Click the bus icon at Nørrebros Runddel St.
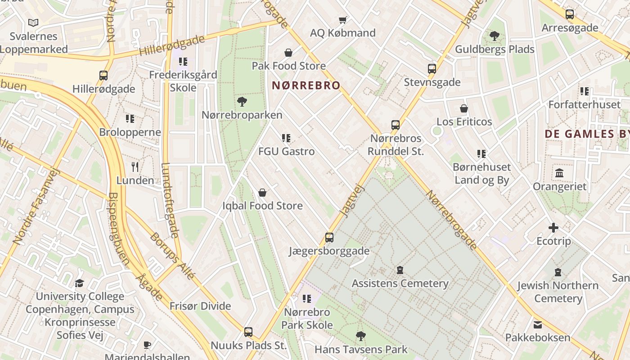(x=395, y=125)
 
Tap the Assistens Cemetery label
(x=400, y=283)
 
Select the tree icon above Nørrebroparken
(x=242, y=101)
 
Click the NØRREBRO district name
(x=306, y=85)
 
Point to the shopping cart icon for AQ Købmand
(x=343, y=20)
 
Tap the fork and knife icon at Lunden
(x=135, y=167)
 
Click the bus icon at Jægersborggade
(x=329, y=237)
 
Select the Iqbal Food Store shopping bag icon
(x=262, y=193)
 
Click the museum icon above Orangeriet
(x=559, y=173)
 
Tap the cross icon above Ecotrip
(x=553, y=228)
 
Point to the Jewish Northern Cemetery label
(x=558, y=292)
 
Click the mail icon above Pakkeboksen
(x=537, y=324)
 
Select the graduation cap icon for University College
(x=79, y=283)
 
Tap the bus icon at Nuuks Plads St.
(x=248, y=332)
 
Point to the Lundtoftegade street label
(x=170, y=200)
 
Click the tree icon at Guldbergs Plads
(x=494, y=36)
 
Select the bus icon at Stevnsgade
(x=432, y=69)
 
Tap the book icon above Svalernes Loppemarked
(x=33, y=22)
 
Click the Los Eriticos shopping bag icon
(x=464, y=108)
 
